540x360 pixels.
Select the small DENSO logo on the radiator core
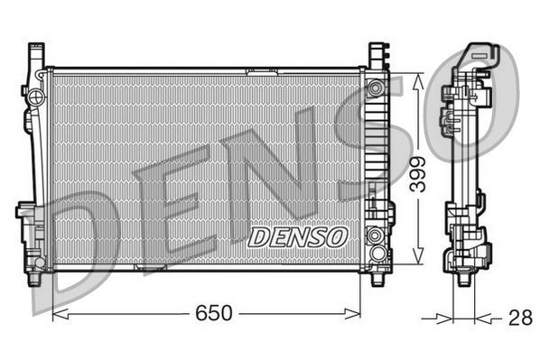point(297,236)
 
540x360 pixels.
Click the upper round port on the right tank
point(375,88)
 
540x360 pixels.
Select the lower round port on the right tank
point(375,238)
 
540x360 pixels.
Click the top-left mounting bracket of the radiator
point(37,54)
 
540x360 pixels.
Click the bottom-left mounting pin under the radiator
point(36,276)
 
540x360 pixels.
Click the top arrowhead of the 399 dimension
point(418,78)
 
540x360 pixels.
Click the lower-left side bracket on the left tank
point(26,217)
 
